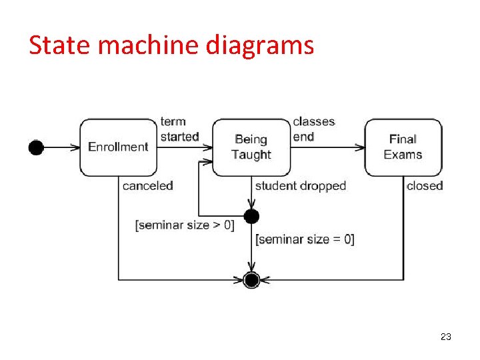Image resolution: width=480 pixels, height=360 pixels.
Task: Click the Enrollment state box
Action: tap(118, 147)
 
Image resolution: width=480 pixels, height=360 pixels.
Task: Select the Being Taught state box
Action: tap(251, 147)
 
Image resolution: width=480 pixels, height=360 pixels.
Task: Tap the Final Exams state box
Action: tap(403, 147)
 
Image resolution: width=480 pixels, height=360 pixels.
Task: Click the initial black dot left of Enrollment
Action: tap(36, 147)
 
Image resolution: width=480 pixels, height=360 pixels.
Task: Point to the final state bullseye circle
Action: tap(251, 280)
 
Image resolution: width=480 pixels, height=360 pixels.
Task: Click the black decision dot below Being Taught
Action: tap(251, 216)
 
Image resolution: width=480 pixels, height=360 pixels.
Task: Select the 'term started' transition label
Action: tap(179, 129)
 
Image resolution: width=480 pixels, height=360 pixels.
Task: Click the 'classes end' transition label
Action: tap(313, 129)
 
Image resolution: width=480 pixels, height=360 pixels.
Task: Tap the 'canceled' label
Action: tap(147, 186)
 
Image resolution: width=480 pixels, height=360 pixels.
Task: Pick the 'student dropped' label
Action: tap(300, 186)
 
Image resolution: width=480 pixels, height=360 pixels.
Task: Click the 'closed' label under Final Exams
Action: tap(425, 186)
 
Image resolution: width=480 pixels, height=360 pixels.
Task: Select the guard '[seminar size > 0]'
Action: tap(185, 225)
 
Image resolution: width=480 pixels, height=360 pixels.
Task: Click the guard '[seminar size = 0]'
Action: tap(305, 239)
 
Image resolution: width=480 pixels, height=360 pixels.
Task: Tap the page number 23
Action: tap(446, 337)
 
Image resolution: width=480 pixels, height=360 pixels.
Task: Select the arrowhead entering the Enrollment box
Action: tap(75, 147)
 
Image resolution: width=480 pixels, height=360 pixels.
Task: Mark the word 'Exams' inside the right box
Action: tap(403, 155)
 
